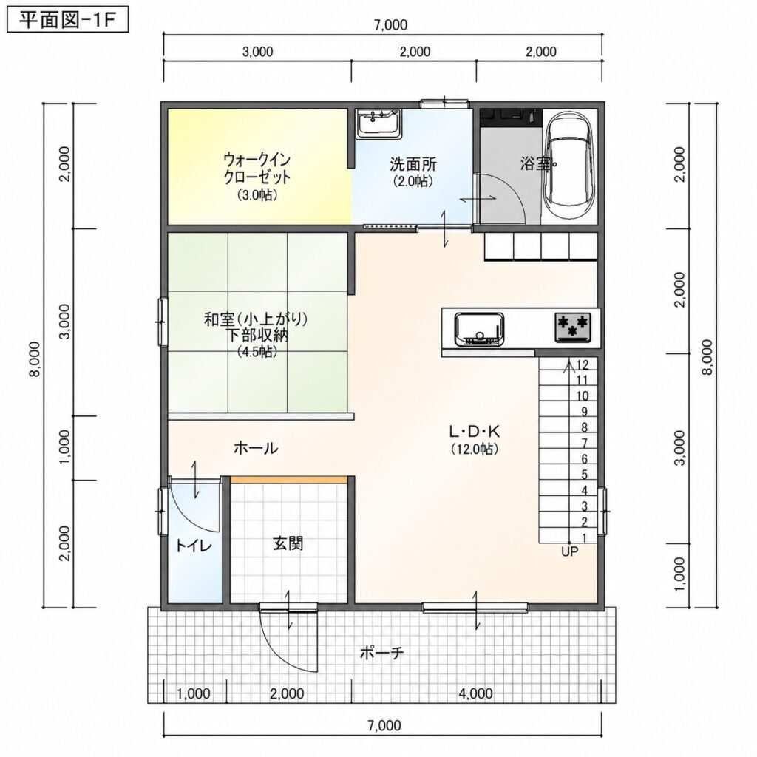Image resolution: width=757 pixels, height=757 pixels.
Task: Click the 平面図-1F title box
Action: click(x=67, y=20)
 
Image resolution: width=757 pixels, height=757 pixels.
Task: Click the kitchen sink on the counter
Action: click(x=479, y=329)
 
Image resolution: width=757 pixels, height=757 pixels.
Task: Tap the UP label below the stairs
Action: click(x=570, y=551)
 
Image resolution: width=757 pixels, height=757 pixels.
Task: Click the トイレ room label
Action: click(x=193, y=546)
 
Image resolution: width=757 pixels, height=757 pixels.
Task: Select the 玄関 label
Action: click(x=288, y=544)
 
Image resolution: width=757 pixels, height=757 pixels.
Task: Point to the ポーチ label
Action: click(x=381, y=654)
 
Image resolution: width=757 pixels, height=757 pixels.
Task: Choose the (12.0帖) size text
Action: click(x=475, y=449)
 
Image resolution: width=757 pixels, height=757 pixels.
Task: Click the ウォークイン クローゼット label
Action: click(x=257, y=168)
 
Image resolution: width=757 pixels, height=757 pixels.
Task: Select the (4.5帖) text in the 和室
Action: click(x=257, y=352)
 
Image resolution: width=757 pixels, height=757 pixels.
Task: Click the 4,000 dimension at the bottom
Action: click(x=475, y=693)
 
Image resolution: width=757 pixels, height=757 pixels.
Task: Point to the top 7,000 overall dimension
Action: click(x=390, y=24)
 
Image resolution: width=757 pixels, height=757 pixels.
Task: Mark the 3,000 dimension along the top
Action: click(x=257, y=52)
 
